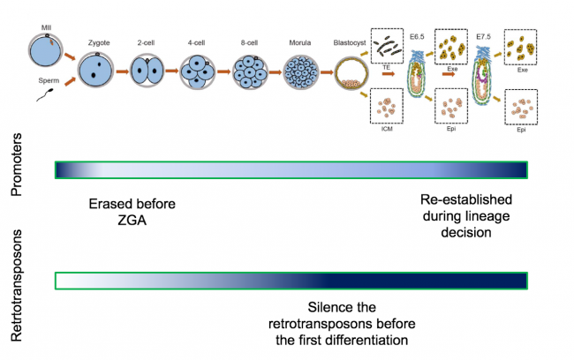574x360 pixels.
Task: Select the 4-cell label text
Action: pyautogui.click(x=197, y=42)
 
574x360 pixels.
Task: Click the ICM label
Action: pyautogui.click(x=386, y=130)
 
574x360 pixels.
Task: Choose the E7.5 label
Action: pyautogui.click(x=482, y=37)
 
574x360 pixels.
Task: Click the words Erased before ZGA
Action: pyautogui.click(x=132, y=212)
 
